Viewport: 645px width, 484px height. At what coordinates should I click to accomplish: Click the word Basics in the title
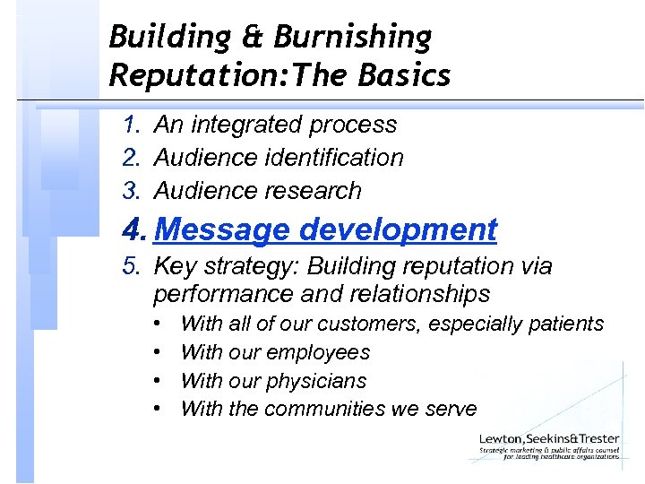click(408, 76)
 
